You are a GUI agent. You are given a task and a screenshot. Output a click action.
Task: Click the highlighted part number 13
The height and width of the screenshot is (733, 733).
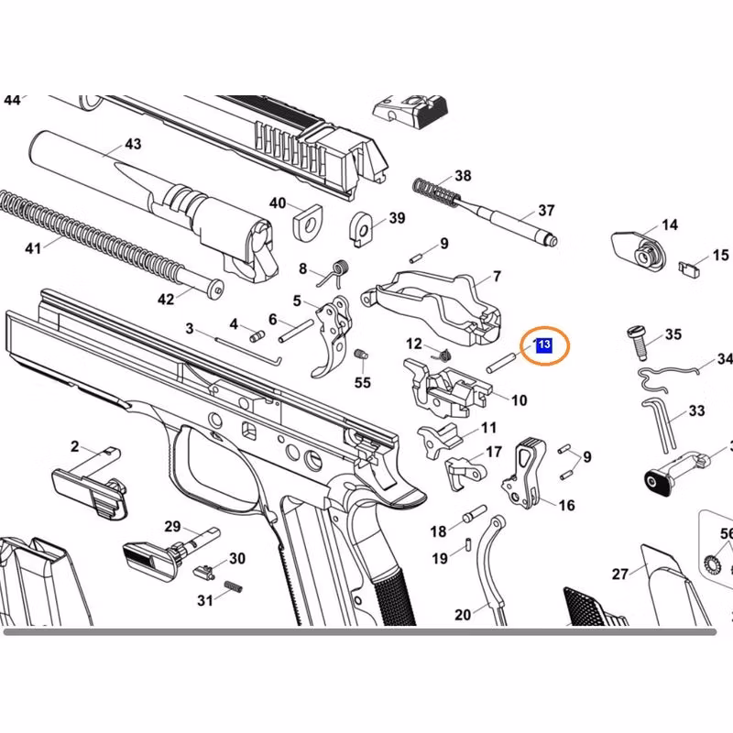click(x=543, y=345)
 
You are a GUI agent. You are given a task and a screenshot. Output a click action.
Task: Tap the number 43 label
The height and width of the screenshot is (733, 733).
click(x=133, y=144)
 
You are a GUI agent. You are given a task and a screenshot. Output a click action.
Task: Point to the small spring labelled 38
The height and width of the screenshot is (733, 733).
click(x=435, y=191)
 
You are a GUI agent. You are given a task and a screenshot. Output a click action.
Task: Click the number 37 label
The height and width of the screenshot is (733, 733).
click(x=546, y=211)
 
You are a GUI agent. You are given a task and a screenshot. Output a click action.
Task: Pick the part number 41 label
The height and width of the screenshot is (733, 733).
click(x=34, y=247)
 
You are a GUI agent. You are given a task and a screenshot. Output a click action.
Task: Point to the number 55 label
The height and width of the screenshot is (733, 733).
click(x=363, y=382)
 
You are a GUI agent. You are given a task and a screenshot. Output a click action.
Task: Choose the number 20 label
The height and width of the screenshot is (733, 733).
click(x=463, y=615)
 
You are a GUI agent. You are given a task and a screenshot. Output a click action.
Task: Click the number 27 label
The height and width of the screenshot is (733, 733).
click(x=620, y=574)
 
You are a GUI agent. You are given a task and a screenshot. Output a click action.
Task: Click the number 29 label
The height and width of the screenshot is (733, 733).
click(x=172, y=526)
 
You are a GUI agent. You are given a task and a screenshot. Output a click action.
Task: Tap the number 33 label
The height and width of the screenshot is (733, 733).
click(x=695, y=412)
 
